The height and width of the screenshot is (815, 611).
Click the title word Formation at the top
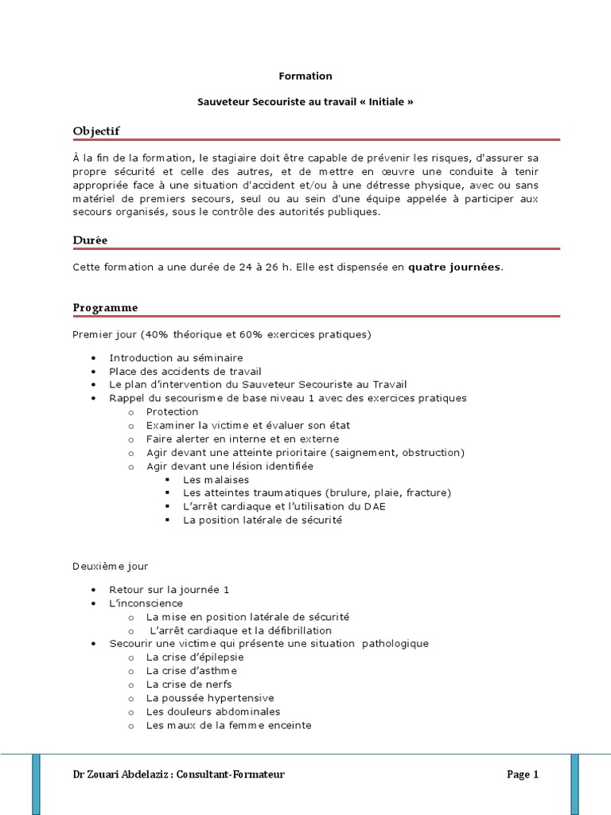tap(305, 76)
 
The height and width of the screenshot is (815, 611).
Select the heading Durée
tap(90, 240)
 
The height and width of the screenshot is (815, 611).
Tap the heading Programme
tap(105, 307)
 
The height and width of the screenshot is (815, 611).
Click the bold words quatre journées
tap(455, 267)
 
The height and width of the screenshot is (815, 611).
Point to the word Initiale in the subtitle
tap(385, 103)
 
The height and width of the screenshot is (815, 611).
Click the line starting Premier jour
tap(222, 334)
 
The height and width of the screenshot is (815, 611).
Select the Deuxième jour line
tap(111, 566)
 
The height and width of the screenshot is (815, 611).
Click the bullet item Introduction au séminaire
tap(176, 358)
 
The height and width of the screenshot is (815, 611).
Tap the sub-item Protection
tap(172, 412)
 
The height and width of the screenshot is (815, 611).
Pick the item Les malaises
tap(216, 480)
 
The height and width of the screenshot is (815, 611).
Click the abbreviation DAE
tap(373, 507)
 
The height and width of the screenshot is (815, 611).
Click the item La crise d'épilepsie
tap(195, 657)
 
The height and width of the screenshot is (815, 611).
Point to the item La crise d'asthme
tap(192, 671)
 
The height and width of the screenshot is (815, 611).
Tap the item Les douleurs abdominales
tap(213, 712)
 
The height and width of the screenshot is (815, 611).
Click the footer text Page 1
tap(523, 774)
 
